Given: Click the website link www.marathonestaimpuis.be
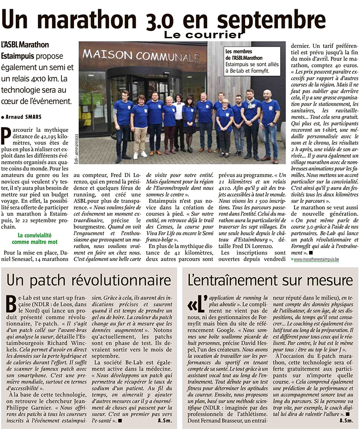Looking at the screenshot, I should tap(316, 260).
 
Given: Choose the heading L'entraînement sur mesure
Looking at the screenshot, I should tap(268, 280).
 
